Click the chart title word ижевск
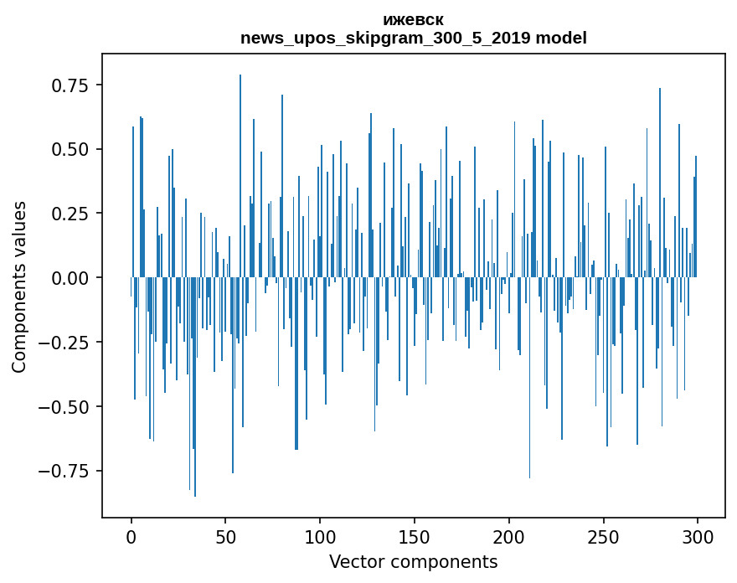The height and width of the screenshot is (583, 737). tap(413, 20)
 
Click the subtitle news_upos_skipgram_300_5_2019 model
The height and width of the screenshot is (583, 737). tap(413, 38)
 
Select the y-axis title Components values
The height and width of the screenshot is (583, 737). tap(19, 286)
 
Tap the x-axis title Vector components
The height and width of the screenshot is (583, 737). tap(413, 561)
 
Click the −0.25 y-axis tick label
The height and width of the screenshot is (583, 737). tap(66, 343)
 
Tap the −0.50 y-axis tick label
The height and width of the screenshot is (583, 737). tap(66, 406)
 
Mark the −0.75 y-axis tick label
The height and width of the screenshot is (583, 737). tap(66, 471)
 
